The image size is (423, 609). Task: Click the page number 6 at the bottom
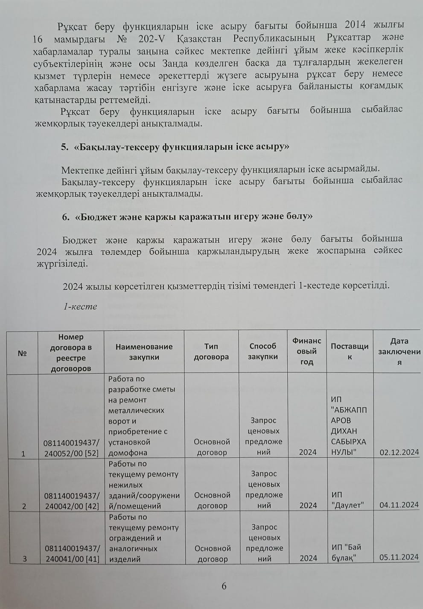(x=224, y=586)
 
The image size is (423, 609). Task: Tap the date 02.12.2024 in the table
(x=399, y=452)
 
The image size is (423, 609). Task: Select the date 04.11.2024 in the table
(x=399, y=505)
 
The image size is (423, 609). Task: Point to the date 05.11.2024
(x=399, y=558)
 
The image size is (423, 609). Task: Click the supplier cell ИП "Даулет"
(x=347, y=500)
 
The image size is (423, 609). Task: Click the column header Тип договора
(x=211, y=352)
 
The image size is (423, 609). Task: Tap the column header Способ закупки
(x=263, y=352)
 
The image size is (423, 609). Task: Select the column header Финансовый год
(x=306, y=352)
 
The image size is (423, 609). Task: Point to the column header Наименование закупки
(x=144, y=352)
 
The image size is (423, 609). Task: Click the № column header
(x=22, y=353)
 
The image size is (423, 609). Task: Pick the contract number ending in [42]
(x=72, y=501)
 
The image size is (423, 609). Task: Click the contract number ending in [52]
(x=71, y=448)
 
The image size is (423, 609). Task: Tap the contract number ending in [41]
(x=72, y=554)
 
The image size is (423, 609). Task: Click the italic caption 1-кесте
(x=80, y=306)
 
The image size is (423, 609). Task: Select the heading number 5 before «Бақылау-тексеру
(x=64, y=147)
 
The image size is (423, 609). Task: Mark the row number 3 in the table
(x=24, y=559)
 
